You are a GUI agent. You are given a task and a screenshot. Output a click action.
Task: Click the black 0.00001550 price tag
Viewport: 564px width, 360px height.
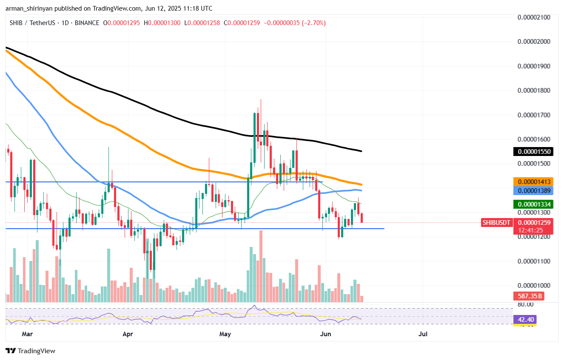click(x=533, y=151)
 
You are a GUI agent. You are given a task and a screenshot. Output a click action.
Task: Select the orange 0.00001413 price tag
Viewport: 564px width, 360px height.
click(x=533, y=181)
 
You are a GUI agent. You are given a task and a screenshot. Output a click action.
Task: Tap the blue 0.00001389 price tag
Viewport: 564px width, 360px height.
click(x=533, y=191)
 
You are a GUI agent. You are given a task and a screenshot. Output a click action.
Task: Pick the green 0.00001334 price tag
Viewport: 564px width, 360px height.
click(x=533, y=204)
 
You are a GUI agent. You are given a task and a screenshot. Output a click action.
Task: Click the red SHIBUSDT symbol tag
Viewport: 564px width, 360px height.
click(x=496, y=222)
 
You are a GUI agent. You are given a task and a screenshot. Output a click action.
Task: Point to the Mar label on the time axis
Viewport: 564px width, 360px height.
click(x=27, y=334)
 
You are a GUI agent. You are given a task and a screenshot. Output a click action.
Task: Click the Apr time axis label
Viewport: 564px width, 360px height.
click(x=128, y=334)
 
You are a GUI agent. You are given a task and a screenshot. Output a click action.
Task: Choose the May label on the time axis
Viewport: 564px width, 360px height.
click(x=225, y=334)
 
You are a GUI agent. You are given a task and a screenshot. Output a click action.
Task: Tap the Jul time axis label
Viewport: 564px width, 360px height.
click(x=423, y=334)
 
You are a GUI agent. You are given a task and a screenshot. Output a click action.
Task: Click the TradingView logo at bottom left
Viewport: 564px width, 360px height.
click(x=30, y=351)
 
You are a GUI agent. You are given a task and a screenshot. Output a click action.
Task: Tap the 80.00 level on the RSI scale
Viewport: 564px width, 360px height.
click(x=526, y=304)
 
